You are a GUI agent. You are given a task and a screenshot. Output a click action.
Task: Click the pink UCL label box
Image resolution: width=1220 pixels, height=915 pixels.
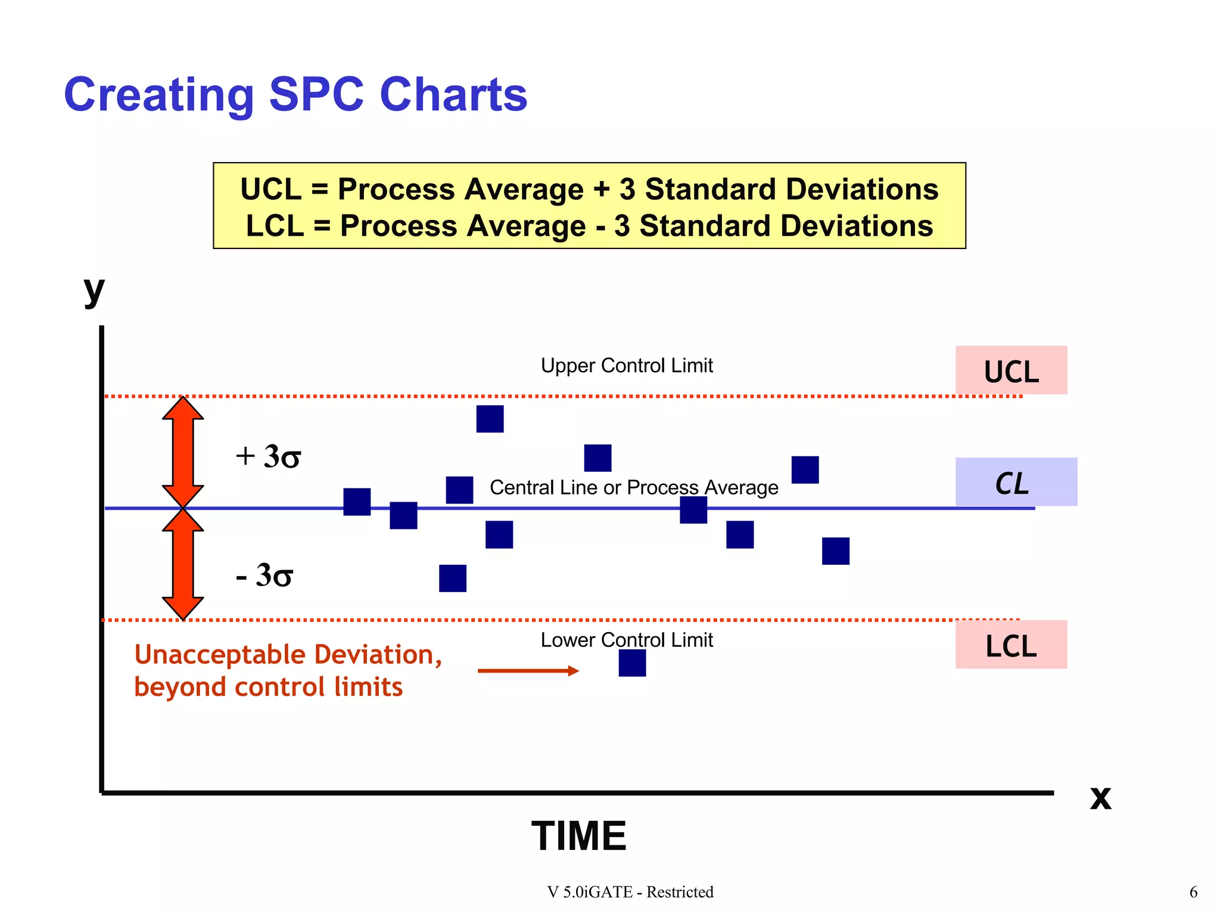point(1011,370)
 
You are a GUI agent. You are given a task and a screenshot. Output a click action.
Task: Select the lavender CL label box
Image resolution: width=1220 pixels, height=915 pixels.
point(1016,482)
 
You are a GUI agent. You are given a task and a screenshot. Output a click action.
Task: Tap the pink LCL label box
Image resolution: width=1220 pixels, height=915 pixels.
point(1011,645)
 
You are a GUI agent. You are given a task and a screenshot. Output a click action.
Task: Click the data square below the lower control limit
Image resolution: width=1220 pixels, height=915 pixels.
point(632,663)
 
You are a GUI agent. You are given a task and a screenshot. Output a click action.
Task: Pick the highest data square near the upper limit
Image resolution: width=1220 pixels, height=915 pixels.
point(490,419)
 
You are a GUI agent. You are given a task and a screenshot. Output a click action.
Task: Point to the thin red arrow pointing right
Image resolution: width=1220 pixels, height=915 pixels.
point(528,671)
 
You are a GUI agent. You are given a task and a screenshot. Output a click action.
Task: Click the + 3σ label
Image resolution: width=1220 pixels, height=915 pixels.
point(268,457)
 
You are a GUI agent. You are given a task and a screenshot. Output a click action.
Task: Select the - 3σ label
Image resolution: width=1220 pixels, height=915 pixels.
point(264,575)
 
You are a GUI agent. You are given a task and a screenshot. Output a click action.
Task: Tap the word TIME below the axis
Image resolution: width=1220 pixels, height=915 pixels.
point(578,836)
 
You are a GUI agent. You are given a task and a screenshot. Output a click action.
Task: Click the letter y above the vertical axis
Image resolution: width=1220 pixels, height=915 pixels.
point(94,291)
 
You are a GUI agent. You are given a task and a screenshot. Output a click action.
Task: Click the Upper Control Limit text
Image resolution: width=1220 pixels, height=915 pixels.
point(627,365)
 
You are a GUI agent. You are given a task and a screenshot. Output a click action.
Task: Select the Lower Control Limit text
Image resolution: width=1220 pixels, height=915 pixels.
point(627,640)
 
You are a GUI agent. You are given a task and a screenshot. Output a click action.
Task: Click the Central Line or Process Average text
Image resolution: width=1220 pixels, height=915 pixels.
point(634,487)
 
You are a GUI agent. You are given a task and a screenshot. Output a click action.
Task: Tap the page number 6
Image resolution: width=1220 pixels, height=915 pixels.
point(1193,892)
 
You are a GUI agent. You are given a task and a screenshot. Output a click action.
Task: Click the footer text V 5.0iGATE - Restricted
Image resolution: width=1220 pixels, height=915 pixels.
point(630,892)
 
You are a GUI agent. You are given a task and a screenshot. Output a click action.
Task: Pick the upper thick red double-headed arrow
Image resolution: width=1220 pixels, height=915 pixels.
point(183,452)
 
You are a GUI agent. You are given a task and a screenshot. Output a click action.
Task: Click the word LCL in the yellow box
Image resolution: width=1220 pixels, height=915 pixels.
point(275,226)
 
